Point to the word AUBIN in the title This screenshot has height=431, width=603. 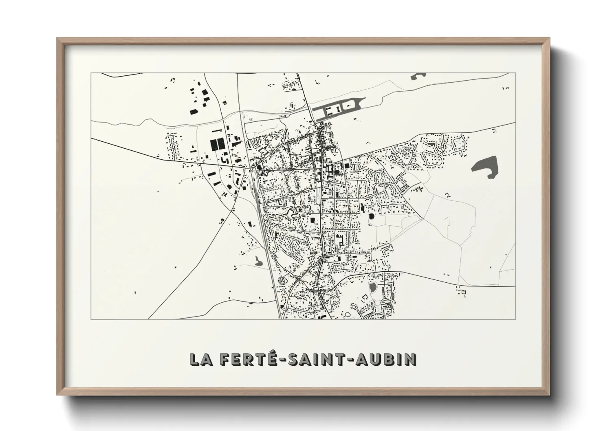pos(386,359)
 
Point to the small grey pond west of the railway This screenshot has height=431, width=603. pos(258,261)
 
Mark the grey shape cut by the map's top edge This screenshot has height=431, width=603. pos(418,75)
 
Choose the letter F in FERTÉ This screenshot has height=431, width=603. pos(226,359)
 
